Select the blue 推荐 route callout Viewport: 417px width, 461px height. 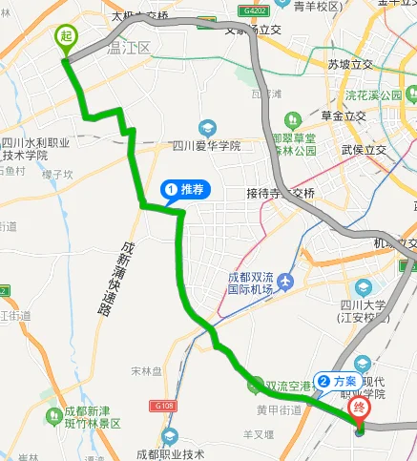(x=184, y=189)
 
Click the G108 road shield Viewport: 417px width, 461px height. (x=162, y=405)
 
